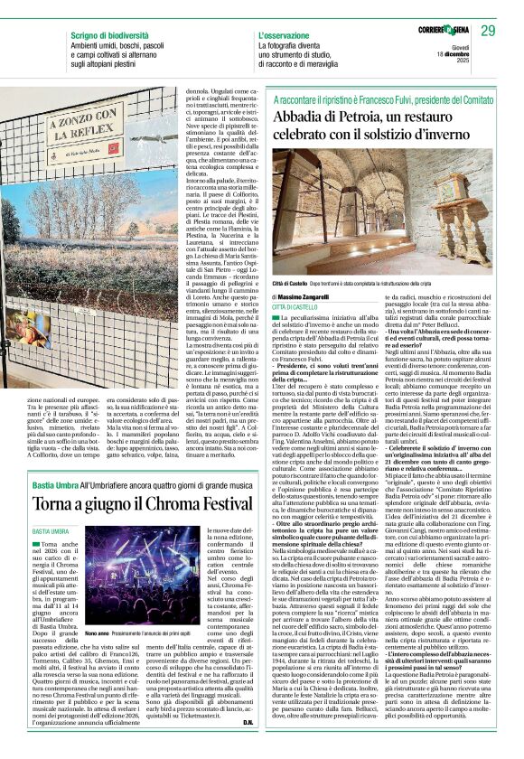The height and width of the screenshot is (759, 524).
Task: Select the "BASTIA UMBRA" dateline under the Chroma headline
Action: point(52,532)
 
